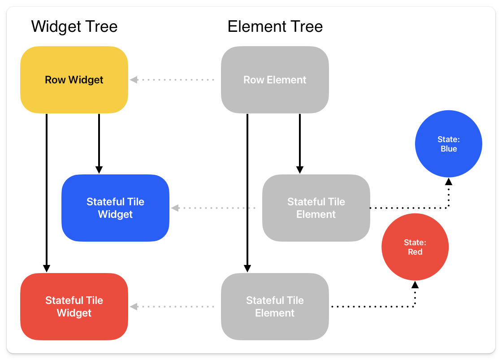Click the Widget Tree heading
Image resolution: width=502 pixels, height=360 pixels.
point(74,27)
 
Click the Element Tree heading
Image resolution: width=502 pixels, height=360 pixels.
point(275,27)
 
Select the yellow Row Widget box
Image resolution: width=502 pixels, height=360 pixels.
point(74,80)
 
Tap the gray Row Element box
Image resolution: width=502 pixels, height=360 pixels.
point(275,80)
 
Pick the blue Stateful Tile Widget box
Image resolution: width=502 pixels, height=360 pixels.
point(115,208)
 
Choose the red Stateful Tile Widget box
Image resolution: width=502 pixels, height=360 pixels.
point(74,307)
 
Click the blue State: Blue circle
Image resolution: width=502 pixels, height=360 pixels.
point(448,144)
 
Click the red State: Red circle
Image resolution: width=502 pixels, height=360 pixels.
point(415,247)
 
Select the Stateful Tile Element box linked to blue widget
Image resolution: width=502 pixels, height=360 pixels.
point(316,208)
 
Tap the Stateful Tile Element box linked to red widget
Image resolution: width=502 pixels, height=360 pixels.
point(275,307)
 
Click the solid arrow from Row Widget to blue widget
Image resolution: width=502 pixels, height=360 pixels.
point(99,143)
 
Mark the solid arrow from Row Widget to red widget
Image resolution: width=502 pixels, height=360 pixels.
point(46,193)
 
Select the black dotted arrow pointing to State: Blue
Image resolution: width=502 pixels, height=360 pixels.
point(408,208)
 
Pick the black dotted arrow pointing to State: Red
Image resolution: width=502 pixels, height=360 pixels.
point(372,307)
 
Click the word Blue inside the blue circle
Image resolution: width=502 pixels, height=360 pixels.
point(449,149)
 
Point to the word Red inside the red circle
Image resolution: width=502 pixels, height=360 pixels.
point(415,252)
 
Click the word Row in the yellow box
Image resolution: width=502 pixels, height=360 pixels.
point(55,80)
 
